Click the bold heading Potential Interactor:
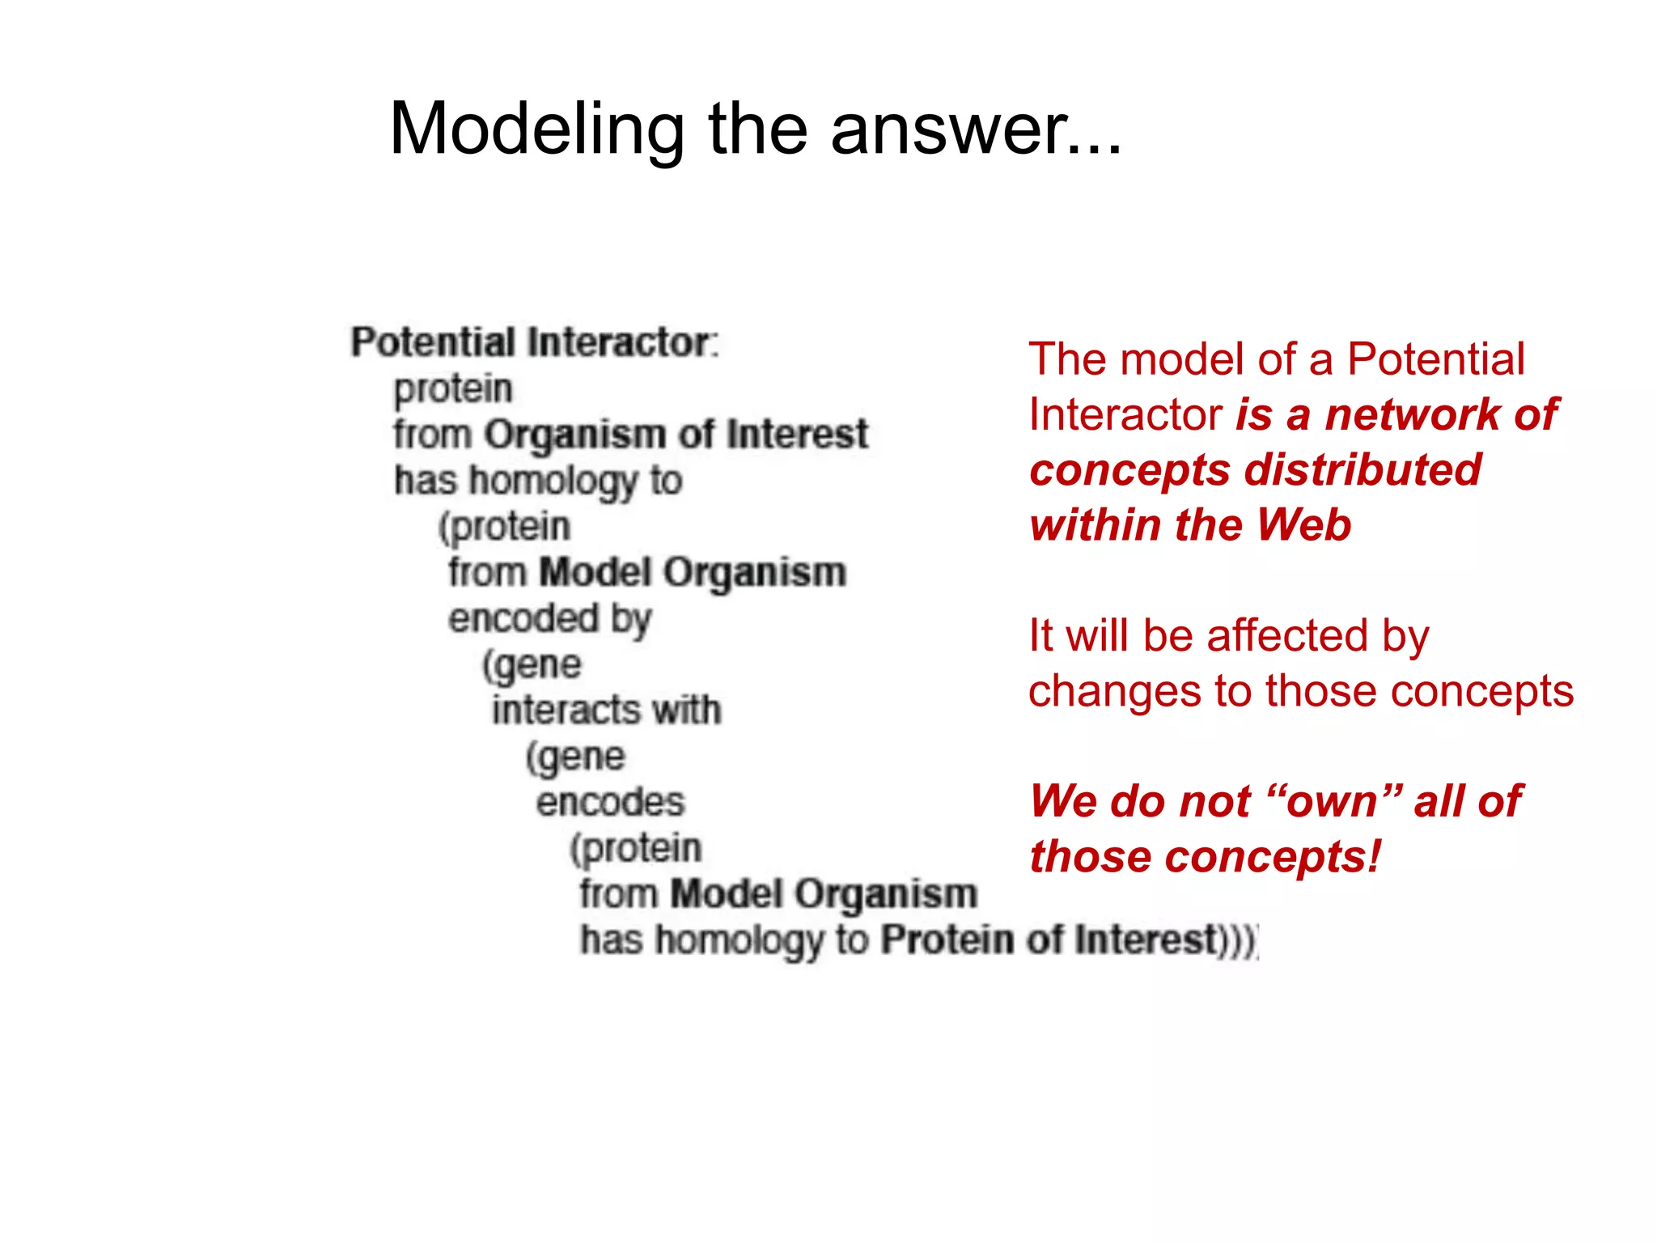(x=534, y=342)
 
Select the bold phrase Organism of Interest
(x=676, y=434)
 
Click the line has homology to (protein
(x=538, y=480)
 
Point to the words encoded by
(x=549, y=619)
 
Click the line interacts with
(x=606, y=710)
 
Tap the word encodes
(x=610, y=802)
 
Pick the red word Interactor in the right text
(x=1125, y=414)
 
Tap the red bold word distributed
(x=1362, y=470)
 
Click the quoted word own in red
(x=1332, y=802)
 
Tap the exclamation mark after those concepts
(x=1375, y=857)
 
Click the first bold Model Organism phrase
(x=693, y=572)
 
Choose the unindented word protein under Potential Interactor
(x=453, y=388)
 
